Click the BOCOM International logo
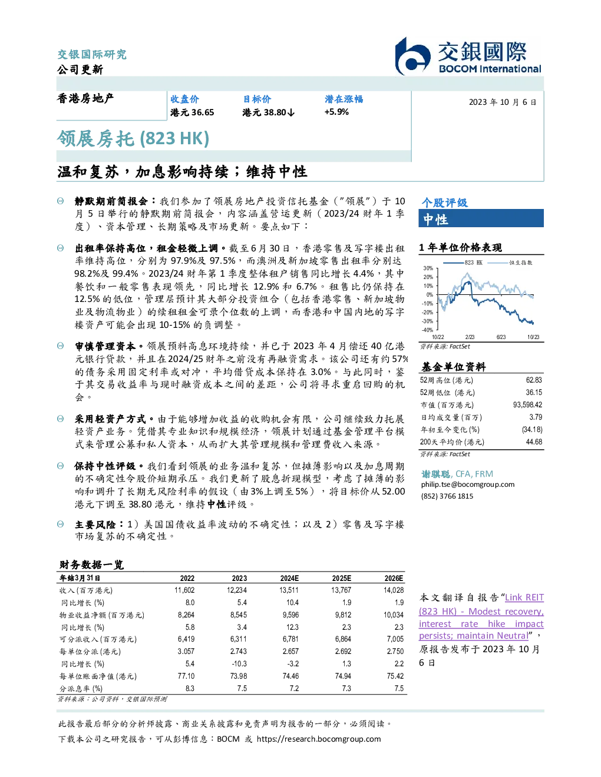468,56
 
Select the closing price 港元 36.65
192,112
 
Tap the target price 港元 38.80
268,112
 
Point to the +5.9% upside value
336,112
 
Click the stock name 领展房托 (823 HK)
133,139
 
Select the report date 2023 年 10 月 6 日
502,102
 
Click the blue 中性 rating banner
481,219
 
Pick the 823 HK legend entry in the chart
463,263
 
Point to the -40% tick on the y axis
428,330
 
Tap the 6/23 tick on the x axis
501,337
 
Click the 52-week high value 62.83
534,380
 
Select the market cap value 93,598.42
527,405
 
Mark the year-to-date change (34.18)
532,430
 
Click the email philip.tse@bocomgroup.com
468,484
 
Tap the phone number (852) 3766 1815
447,496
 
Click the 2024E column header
289,579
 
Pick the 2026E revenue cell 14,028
394,590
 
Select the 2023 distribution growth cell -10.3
239,664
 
